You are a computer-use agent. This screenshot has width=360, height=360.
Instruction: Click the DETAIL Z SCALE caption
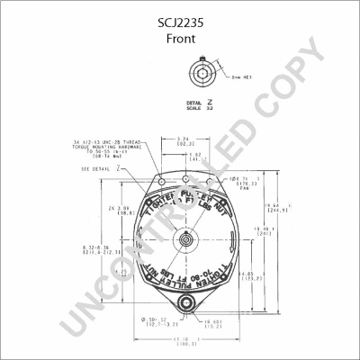[x=199, y=106]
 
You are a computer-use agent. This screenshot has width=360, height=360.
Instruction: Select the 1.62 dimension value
[x=194, y=155]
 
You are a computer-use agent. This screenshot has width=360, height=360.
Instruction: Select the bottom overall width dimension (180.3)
[x=187, y=341]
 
